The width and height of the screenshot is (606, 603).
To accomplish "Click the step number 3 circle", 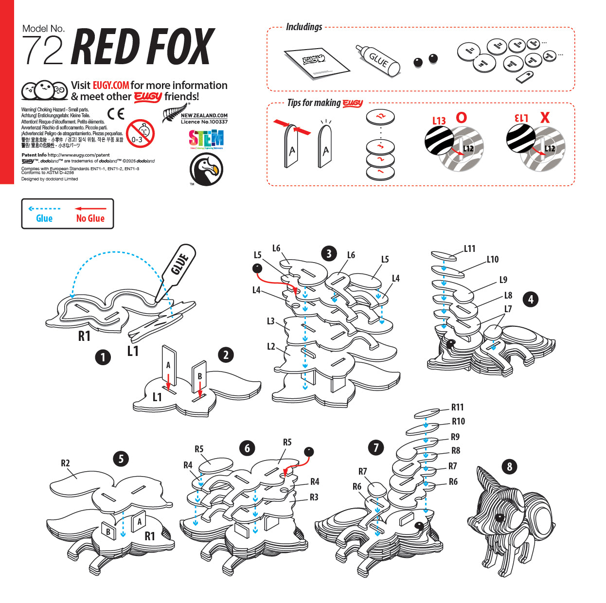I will point(329,253).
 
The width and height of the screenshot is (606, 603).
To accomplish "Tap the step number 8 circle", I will point(509,467).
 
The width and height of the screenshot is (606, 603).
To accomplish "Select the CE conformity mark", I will point(116,114).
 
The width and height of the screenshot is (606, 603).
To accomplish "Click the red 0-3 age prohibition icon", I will point(140,133).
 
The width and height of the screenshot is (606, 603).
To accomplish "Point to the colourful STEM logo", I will point(206,139).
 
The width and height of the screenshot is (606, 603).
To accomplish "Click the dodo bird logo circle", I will point(206,169).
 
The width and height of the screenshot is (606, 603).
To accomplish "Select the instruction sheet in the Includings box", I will point(317,62).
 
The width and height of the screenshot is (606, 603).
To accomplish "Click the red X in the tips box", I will point(545,117).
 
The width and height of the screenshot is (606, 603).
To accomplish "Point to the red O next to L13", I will point(461,117).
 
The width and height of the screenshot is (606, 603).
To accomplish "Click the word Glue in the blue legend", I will point(44,218).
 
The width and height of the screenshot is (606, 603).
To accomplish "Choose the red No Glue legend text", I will point(90,218).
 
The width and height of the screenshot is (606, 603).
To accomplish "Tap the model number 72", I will point(43,50).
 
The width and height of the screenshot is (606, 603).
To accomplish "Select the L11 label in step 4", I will point(469,248).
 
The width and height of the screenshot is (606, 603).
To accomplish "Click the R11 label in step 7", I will point(457,407).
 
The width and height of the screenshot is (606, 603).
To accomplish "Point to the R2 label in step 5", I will point(65,463).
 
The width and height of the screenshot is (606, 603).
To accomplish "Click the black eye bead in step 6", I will point(308,452).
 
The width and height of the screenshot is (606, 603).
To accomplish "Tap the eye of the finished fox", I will point(499,517).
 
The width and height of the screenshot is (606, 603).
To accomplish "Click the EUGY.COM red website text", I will point(111,85).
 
